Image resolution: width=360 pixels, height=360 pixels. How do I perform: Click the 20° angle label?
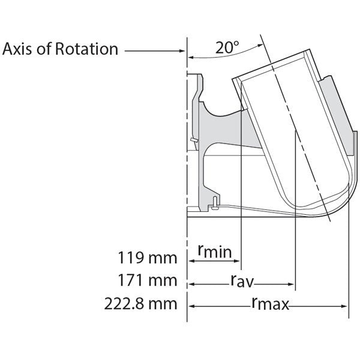(x=229, y=48)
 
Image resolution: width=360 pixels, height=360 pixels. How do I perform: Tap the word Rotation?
(x=87, y=49)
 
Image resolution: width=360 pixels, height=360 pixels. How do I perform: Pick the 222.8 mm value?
(x=147, y=304)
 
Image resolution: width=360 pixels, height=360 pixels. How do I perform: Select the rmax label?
(x=270, y=304)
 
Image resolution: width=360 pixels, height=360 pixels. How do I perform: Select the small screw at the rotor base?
(x=215, y=206)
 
